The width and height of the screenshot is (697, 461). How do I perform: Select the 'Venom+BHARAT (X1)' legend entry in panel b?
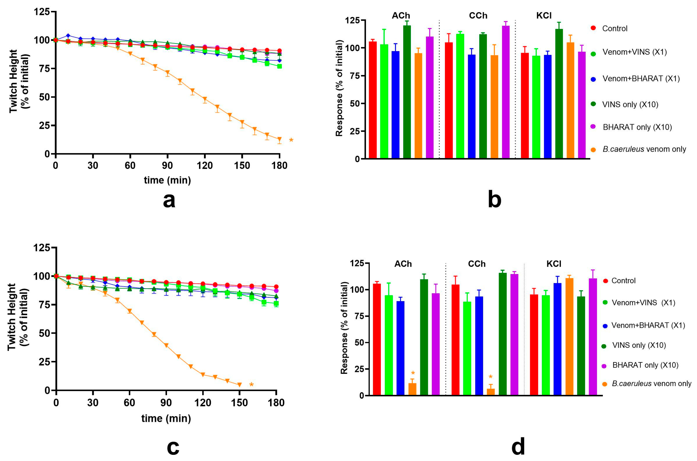641,78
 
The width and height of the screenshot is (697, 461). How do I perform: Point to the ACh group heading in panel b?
401,16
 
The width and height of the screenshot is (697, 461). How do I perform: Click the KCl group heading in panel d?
554,264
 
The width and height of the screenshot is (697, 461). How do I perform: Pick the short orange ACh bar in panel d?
412,389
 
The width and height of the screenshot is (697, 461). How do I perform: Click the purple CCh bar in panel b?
506,92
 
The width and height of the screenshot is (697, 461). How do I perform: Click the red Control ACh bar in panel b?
372,100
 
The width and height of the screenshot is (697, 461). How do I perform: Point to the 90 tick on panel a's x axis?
167,166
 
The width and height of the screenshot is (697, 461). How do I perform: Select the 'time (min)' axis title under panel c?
166,418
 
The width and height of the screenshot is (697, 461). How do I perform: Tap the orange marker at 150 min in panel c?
239,385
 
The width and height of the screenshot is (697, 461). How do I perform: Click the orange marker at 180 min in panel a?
279,139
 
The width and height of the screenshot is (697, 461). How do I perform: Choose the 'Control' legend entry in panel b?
614,29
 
